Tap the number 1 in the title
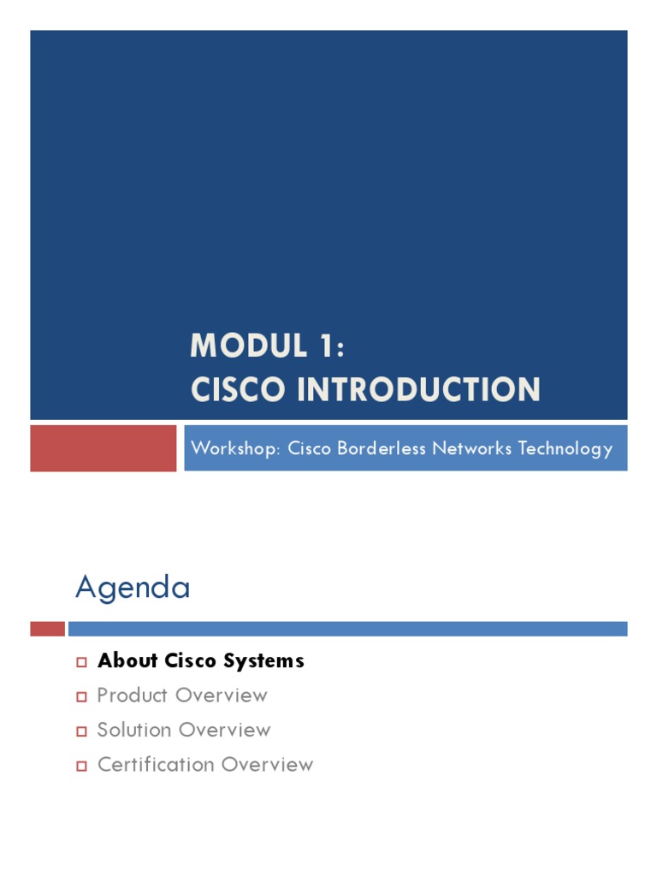[x=330, y=346]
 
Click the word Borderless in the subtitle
[x=388, y=448]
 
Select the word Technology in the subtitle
[x=571, y=448]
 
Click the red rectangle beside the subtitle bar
[x=104, y=448]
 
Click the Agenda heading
[x=133, y=588]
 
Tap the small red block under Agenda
[x=47, y=629]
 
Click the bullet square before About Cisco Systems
[x=82, y=662]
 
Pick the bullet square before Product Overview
[x=82, y=696]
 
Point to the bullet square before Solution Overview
[x=82, y=731]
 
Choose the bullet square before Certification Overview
[x=82, y=766]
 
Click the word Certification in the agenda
[x=151, y=764]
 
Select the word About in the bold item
[x=127, y=661]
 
